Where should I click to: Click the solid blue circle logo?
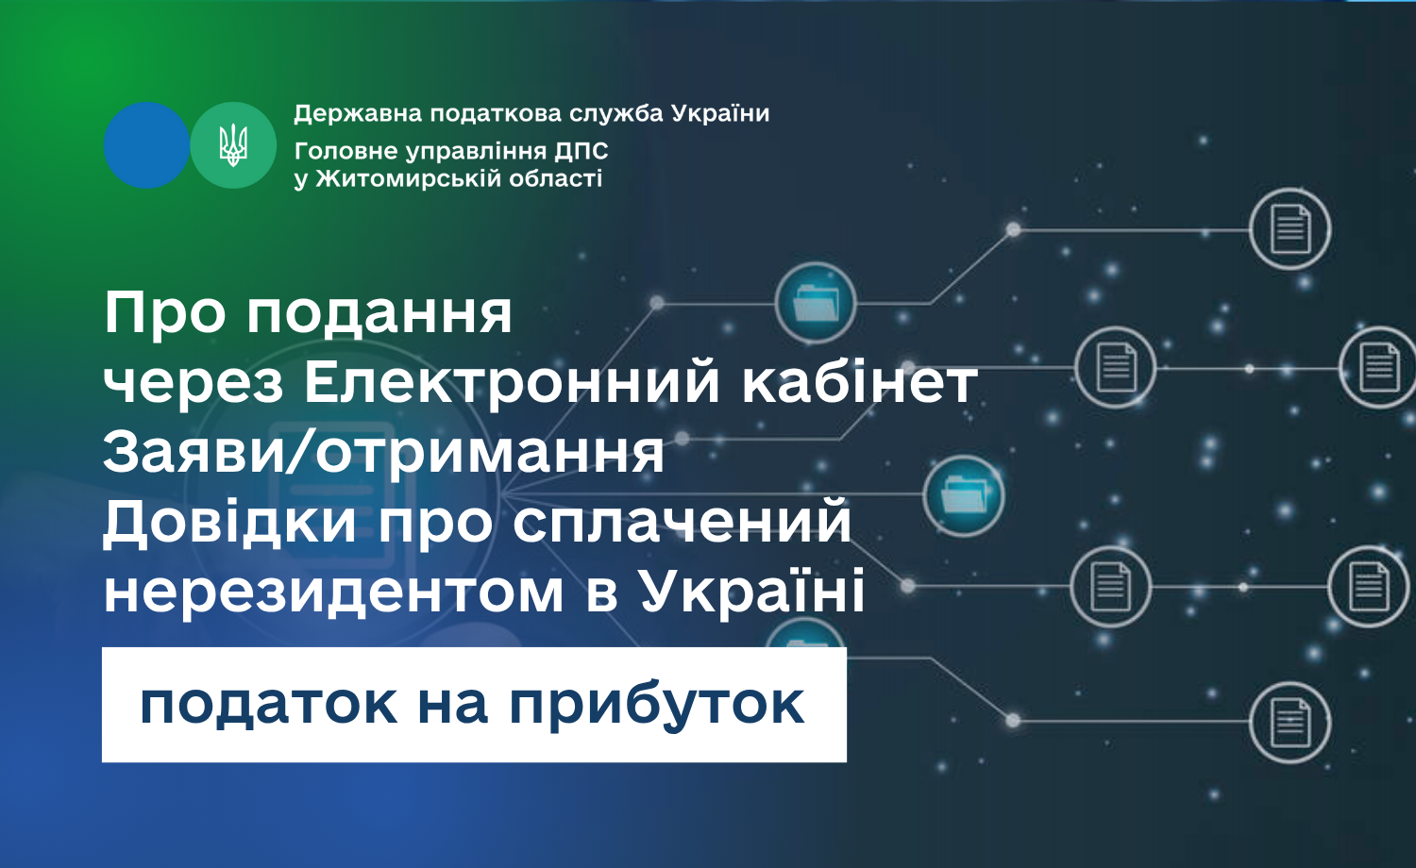pyautogui.click(x=146, y=145)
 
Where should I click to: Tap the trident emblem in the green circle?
pyautogui.click(x=233, y=145)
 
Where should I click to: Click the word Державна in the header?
pyautogui.click(x=358, y=114)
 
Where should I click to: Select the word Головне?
pyautogui.click(x=346, y=151)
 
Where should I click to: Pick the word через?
pyautogui.click(x=194, y=382)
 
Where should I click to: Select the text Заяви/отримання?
pyautogui.click(x=383, y=452)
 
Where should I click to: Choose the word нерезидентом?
pyautogui.click(x=334, y=593)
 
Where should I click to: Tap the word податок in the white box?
pyautogui.click(x=269, y=705)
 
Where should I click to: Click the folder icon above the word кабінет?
pyautogui.click(x=816, y=303)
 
